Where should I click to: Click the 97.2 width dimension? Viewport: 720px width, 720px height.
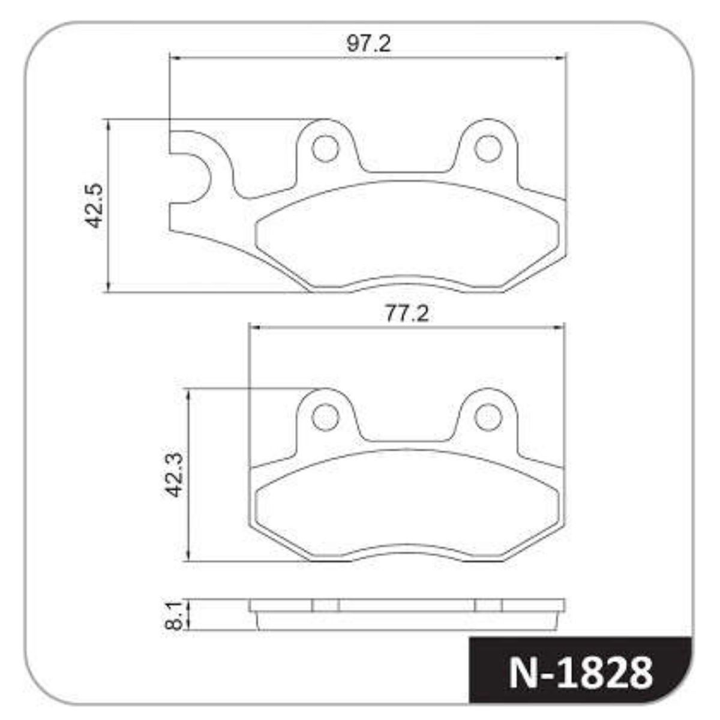click(x=368, y=44)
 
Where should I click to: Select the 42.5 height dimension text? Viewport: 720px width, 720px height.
click(x=93, y=205)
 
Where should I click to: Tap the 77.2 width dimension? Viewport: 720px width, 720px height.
click(x=407, y=313)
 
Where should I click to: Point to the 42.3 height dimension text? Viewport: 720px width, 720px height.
click(x=174, y=475)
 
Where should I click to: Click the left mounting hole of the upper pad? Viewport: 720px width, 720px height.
click(x=325, y=149)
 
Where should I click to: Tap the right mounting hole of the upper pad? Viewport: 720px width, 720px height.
click(x=488, y=149)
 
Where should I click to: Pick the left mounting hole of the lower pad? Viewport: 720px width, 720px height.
click(x=325, y=417)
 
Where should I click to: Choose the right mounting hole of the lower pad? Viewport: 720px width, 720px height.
click(x=488, y=417)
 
